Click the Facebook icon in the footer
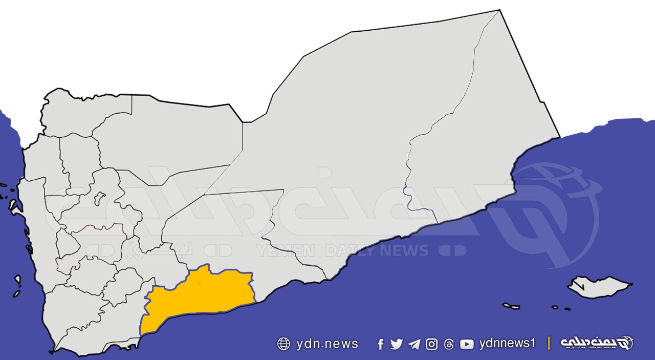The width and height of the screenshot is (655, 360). (x=380, y=345)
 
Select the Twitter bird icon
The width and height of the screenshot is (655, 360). (x=397, y=344)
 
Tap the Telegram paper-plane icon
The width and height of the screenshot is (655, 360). (x=414, y=344)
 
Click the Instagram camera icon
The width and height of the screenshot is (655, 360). (x=432, y=344)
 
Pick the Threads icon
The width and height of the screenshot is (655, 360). (x=449, y=345)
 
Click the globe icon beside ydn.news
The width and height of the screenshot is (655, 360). (x=283, y=344)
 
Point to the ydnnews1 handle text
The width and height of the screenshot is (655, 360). (x=507, y=344)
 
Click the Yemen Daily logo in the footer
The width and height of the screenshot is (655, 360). (x=597, y=343)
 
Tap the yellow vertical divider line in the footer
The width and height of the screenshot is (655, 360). (x=549, y=343)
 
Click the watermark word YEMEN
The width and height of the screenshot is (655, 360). (x=286, y=250)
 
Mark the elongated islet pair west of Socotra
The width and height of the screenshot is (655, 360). (x=511, y=306)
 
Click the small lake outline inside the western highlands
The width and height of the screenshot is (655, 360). (x=100, y=198)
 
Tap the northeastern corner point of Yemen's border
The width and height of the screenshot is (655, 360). (x=499, y=10)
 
